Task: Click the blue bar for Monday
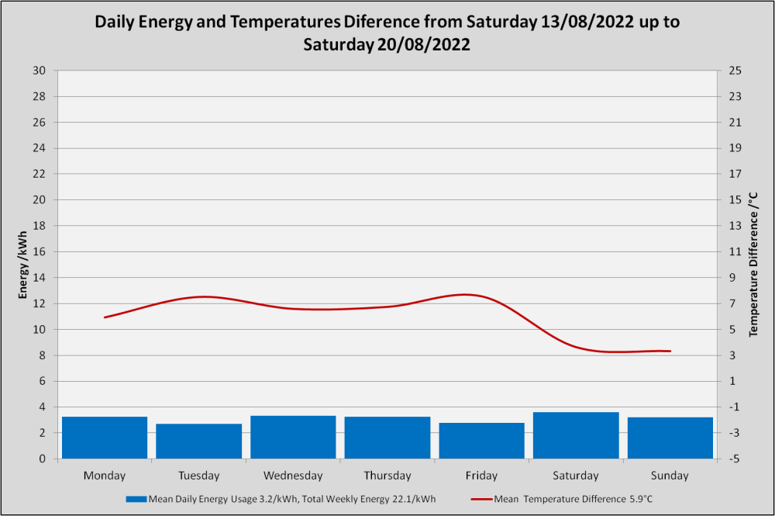point(105,438)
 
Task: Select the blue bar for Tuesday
point(198,441)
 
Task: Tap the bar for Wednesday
point(293,437)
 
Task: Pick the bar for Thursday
point(387,438)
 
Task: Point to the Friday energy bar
point(481,440)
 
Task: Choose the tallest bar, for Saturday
point(576,435)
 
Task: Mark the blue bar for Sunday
point(670,438)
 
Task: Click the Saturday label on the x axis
point(576,476)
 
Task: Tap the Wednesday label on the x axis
point(293,476)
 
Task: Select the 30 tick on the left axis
point(39,71)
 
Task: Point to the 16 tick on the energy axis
point(39,251)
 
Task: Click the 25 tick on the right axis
point(735,71)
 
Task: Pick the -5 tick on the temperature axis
point(735,459)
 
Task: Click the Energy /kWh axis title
point(22,265)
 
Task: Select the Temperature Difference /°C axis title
point(753,265)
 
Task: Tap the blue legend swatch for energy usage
point(136,499)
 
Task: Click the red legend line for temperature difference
point(481,499)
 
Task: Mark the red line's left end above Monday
point(105,317)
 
